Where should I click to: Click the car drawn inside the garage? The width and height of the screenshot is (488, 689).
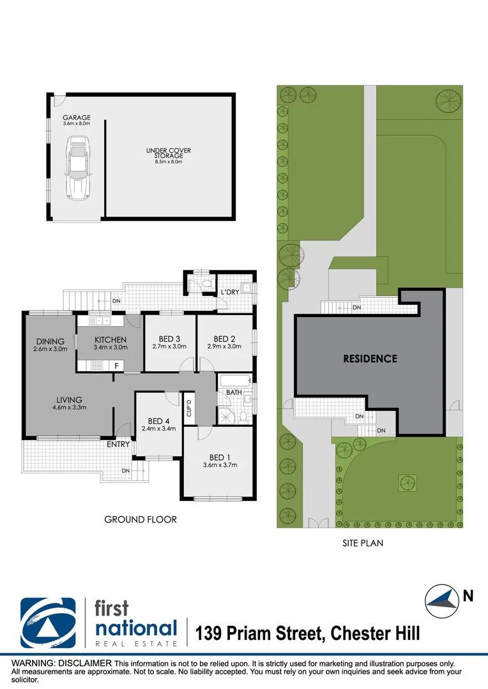(x=76, y=170)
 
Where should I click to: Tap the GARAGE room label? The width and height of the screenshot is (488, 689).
(x=76, y=118)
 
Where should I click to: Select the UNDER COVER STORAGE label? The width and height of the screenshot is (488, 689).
(x=168, y=153)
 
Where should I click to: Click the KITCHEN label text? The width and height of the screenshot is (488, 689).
(x=111, y=339)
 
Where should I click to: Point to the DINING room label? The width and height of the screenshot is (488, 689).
(x=50, y=341)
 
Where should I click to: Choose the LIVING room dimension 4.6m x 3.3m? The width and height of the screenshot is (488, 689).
(x=70, y=406)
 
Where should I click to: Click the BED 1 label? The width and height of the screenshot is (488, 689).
(x=217, y=457)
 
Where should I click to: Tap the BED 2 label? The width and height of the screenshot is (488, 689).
(x=225, y=339)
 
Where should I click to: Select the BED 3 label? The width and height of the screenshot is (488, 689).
(x=169, y=339)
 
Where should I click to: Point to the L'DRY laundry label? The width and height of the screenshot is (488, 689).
(x=229, y=292)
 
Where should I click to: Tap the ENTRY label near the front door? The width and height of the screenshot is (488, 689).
(x=118, y=444)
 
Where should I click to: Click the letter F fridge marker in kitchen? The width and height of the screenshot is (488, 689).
(x=116, y=366)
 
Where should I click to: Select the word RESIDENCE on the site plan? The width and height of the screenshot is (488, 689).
(x=370, y=359)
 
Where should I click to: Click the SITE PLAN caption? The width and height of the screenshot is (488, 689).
(x=362, y=544)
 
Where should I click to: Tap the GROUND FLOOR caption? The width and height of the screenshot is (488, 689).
(x=141, y=519)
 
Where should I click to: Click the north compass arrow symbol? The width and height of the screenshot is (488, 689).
(x=443, y=599)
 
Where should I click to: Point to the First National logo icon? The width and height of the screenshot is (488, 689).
(x=48, y=623)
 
